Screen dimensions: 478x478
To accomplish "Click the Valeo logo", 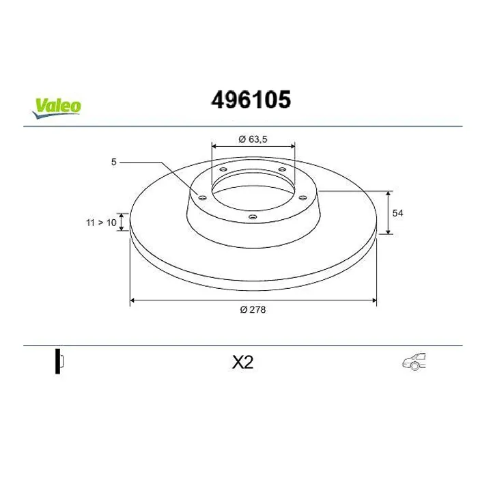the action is coord(57,108).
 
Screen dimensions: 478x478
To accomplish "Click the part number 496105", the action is coord(251,100).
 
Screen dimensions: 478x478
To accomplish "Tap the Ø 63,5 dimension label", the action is coord(253,139).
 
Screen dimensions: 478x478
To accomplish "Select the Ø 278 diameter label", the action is coord(253,310).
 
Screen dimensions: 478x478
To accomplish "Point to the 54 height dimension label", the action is coord(397,213).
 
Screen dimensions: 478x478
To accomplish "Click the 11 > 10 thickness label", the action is coord(101,223).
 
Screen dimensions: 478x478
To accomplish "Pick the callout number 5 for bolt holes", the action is coord(114,163).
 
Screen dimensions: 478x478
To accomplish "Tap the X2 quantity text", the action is coord(242,363).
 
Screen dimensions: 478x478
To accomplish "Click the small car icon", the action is coord(414,362).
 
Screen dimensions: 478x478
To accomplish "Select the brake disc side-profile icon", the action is coord(59,361).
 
